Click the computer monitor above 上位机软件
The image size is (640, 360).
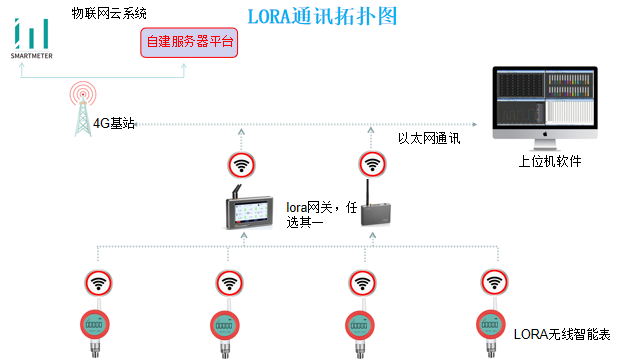coord(544,103)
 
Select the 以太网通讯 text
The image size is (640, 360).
coord(428,139)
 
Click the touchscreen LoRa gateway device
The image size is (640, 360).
coord(251,211)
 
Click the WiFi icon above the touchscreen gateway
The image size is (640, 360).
coord(241,164)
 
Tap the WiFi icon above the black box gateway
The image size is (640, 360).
coord(372,164)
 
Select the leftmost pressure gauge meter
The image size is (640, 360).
coord(94,326)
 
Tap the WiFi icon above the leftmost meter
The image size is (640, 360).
coord(98,283)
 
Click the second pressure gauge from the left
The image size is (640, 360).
coord(225,326)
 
